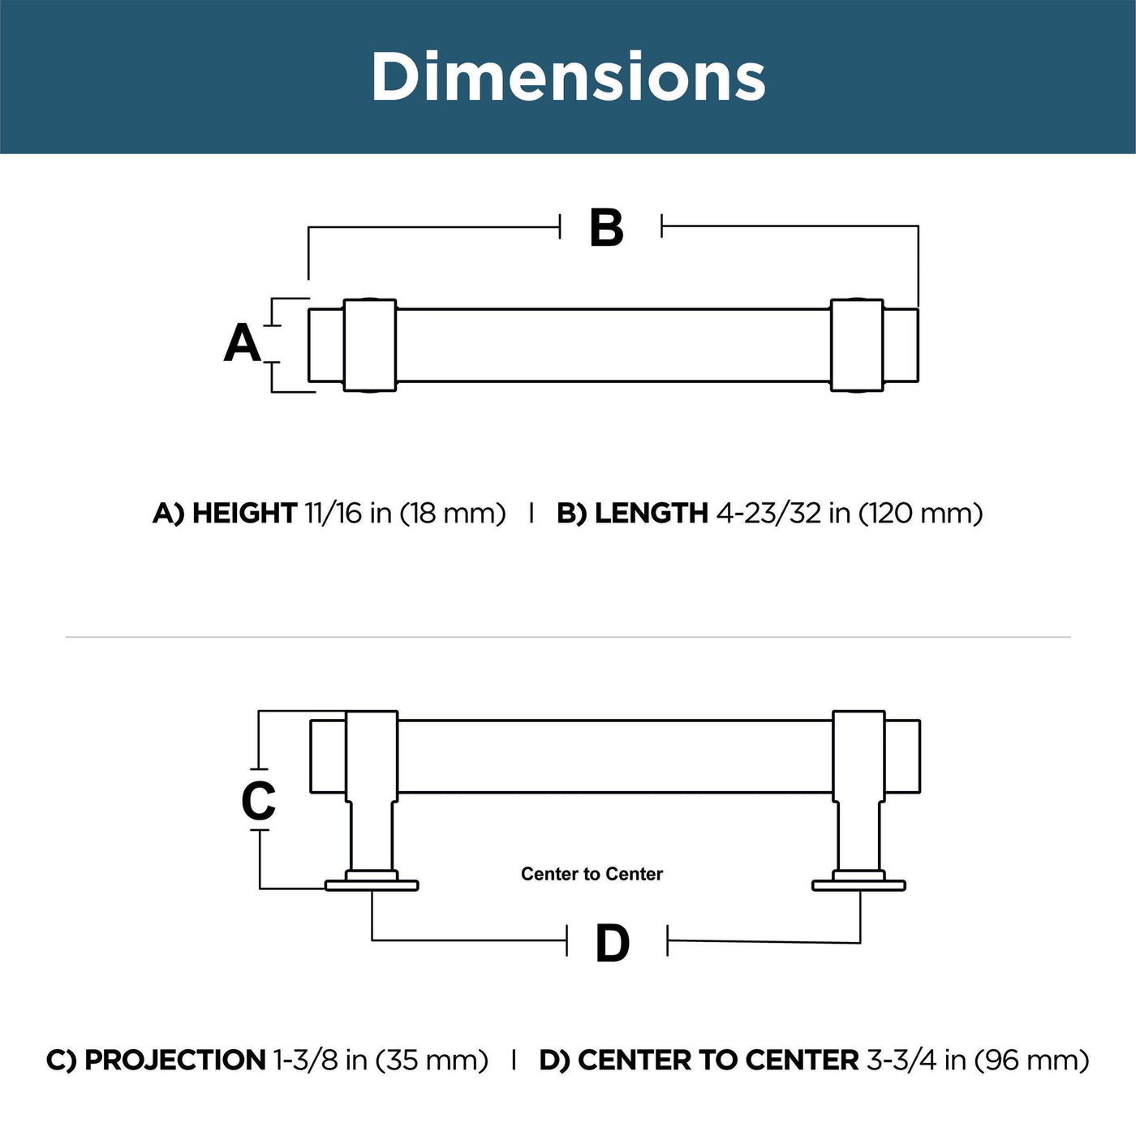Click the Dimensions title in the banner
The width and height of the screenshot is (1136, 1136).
pyautogui.click(x=568, y=76)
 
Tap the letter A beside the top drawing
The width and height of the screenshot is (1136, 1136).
pyautogui.click(x=243, y=343)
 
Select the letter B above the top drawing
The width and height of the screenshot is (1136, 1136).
pyautogui.click(x=607, y=227)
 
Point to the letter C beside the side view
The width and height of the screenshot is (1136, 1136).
pyautogui.click(x=259, y=800)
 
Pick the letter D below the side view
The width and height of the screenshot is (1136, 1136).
pyautogui.click(x=613, y=944)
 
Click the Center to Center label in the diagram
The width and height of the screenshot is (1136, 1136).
pyautogui.click(x=592, y=873)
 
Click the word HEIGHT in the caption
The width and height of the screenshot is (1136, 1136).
pyautogui.click(x=245, y=513)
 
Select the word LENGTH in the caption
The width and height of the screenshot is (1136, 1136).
pyautogui.click(x=652, y=513)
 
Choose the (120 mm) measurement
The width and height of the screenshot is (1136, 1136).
pyautogui.click(x=920, y=514)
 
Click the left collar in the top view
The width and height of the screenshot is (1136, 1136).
pyautogui.click(x=370, y=345)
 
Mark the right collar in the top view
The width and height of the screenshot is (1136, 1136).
pyautogui.click(x=857, y=345)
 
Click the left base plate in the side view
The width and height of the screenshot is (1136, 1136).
pyautogui.click(x=372, y=885)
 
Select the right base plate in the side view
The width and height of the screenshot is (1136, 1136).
pyautogui.click(x=858, y=885)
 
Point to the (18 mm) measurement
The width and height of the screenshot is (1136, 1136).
pyautogui.click(x=453, y=514)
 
